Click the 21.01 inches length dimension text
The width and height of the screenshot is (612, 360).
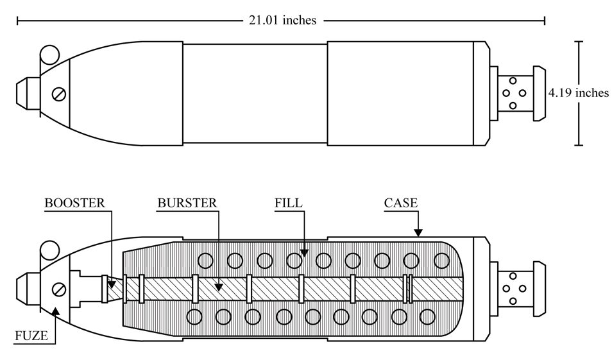282,20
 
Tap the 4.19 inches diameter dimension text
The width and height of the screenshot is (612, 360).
579,92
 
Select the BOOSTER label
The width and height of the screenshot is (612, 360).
74,203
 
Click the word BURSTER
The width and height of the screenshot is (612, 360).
187,203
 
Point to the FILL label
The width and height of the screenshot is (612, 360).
289,203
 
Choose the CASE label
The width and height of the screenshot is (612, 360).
401,203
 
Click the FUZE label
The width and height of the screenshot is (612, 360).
31,336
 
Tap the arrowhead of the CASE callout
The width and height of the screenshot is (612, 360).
418,233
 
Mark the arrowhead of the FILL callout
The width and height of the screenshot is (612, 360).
304,253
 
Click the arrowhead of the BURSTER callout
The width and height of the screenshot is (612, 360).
219,287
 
